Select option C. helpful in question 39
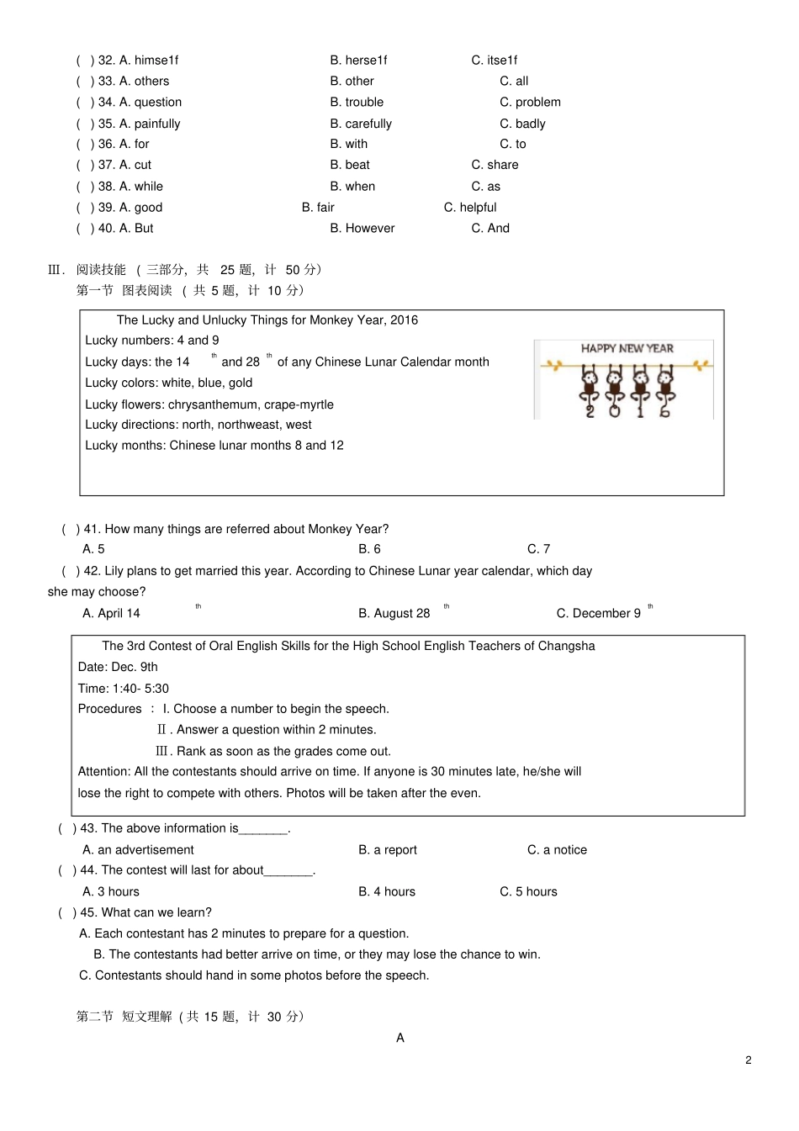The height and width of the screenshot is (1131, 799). point(470,208)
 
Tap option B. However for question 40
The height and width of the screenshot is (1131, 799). point(362,229)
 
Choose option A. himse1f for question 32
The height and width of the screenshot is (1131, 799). point(149,61)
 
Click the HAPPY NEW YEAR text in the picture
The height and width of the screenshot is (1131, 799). point(627,348)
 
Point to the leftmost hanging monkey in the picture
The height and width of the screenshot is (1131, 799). point(590,390)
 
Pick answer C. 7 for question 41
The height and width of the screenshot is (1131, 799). point(538,549)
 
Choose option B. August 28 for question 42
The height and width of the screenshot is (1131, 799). point(394,614)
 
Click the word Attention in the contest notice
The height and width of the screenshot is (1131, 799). point(103,772)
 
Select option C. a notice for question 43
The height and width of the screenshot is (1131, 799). point(557,850)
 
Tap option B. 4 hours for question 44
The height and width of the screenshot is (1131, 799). point(387,892)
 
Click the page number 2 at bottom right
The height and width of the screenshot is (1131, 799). point(749,1060)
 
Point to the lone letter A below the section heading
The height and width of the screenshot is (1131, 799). point(400,1039)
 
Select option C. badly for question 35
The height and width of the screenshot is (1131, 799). point(522,124)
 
